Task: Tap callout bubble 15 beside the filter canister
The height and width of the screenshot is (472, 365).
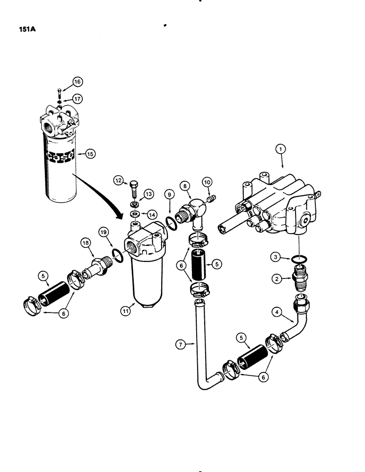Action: coord(89,153)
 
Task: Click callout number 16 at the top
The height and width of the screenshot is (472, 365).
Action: coord(77,82)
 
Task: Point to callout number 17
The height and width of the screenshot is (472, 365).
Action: coord(77,99)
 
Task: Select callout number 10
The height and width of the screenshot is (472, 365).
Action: coord(207,182)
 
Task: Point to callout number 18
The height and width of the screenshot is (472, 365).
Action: coord(85,243)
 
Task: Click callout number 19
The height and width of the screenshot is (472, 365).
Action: coord(103,232)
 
